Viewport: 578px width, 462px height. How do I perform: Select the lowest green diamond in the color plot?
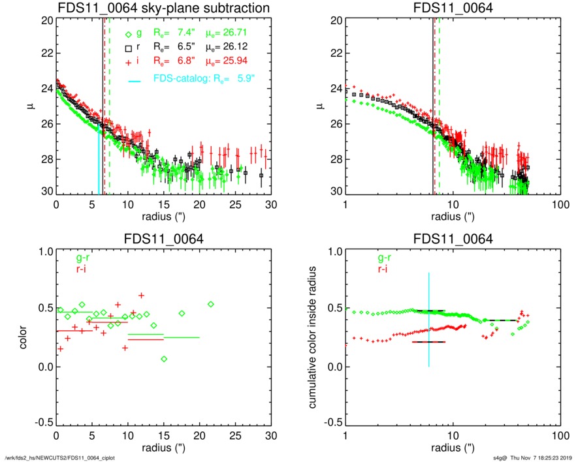164,359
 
